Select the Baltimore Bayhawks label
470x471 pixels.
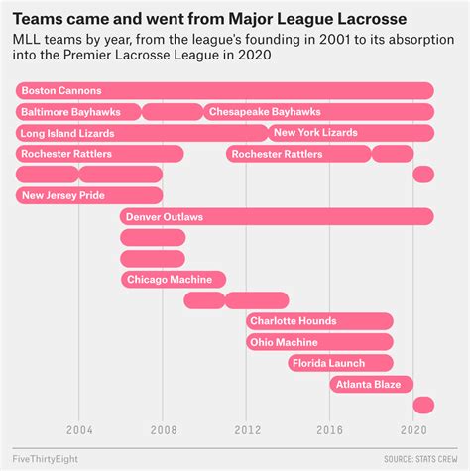(61, 112)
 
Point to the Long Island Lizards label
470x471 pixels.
(67, 133)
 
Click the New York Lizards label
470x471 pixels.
(315, 133)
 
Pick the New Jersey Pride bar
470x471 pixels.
(89, 195)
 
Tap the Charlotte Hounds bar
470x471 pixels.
(319, 321)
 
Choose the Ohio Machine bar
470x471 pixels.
(319, 342)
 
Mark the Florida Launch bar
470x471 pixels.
(340, 363)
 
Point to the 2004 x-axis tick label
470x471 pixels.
(79, 430)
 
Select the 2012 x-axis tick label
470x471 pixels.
(247, 430)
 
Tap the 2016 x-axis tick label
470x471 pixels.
(330, 430)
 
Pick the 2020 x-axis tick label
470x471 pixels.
(413, 430)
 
